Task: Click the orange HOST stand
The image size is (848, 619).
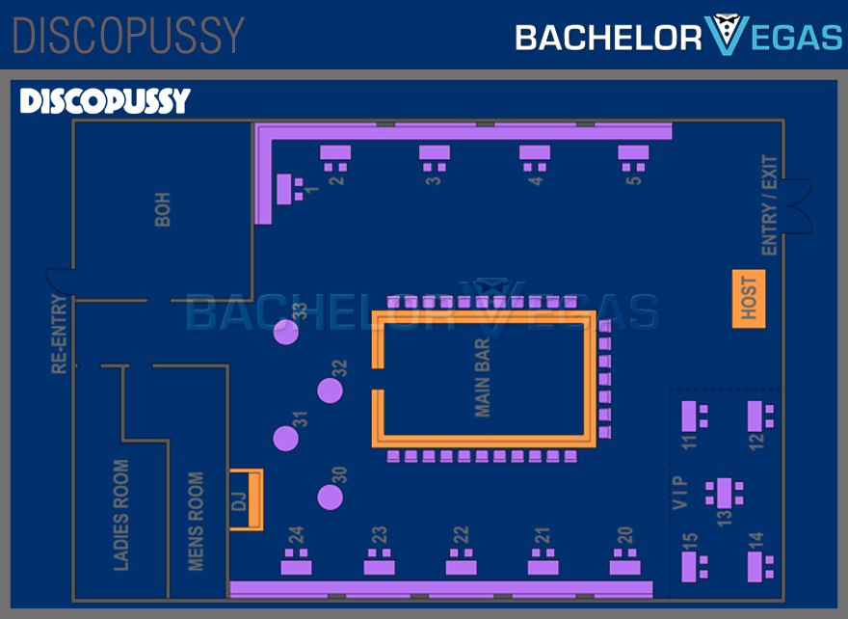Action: pyautogui.click(x=749, y=299)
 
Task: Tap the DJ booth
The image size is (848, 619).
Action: pyautogui.click(x=246, y=499)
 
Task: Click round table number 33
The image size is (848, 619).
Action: pyautogui.click(x=285, y=332)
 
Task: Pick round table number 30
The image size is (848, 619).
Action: pyautogui.click(x=331, y=498)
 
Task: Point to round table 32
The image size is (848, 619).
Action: pyautogui.click(x=331, y=390)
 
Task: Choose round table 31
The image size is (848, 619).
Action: pyautogui.click(x=285, y=439)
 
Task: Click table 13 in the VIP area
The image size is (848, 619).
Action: pyautogui.click(x=724, y=494)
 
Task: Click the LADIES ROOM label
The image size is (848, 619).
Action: pyautogui.click(x=121, y=515)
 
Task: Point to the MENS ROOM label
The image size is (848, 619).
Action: pyautogui.click(x=196, y=521)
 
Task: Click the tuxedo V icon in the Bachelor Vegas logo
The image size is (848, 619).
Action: pyautogui.click(x=724, y=36)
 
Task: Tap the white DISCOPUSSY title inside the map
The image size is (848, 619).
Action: pyautogui.click(x=105, y=101)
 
